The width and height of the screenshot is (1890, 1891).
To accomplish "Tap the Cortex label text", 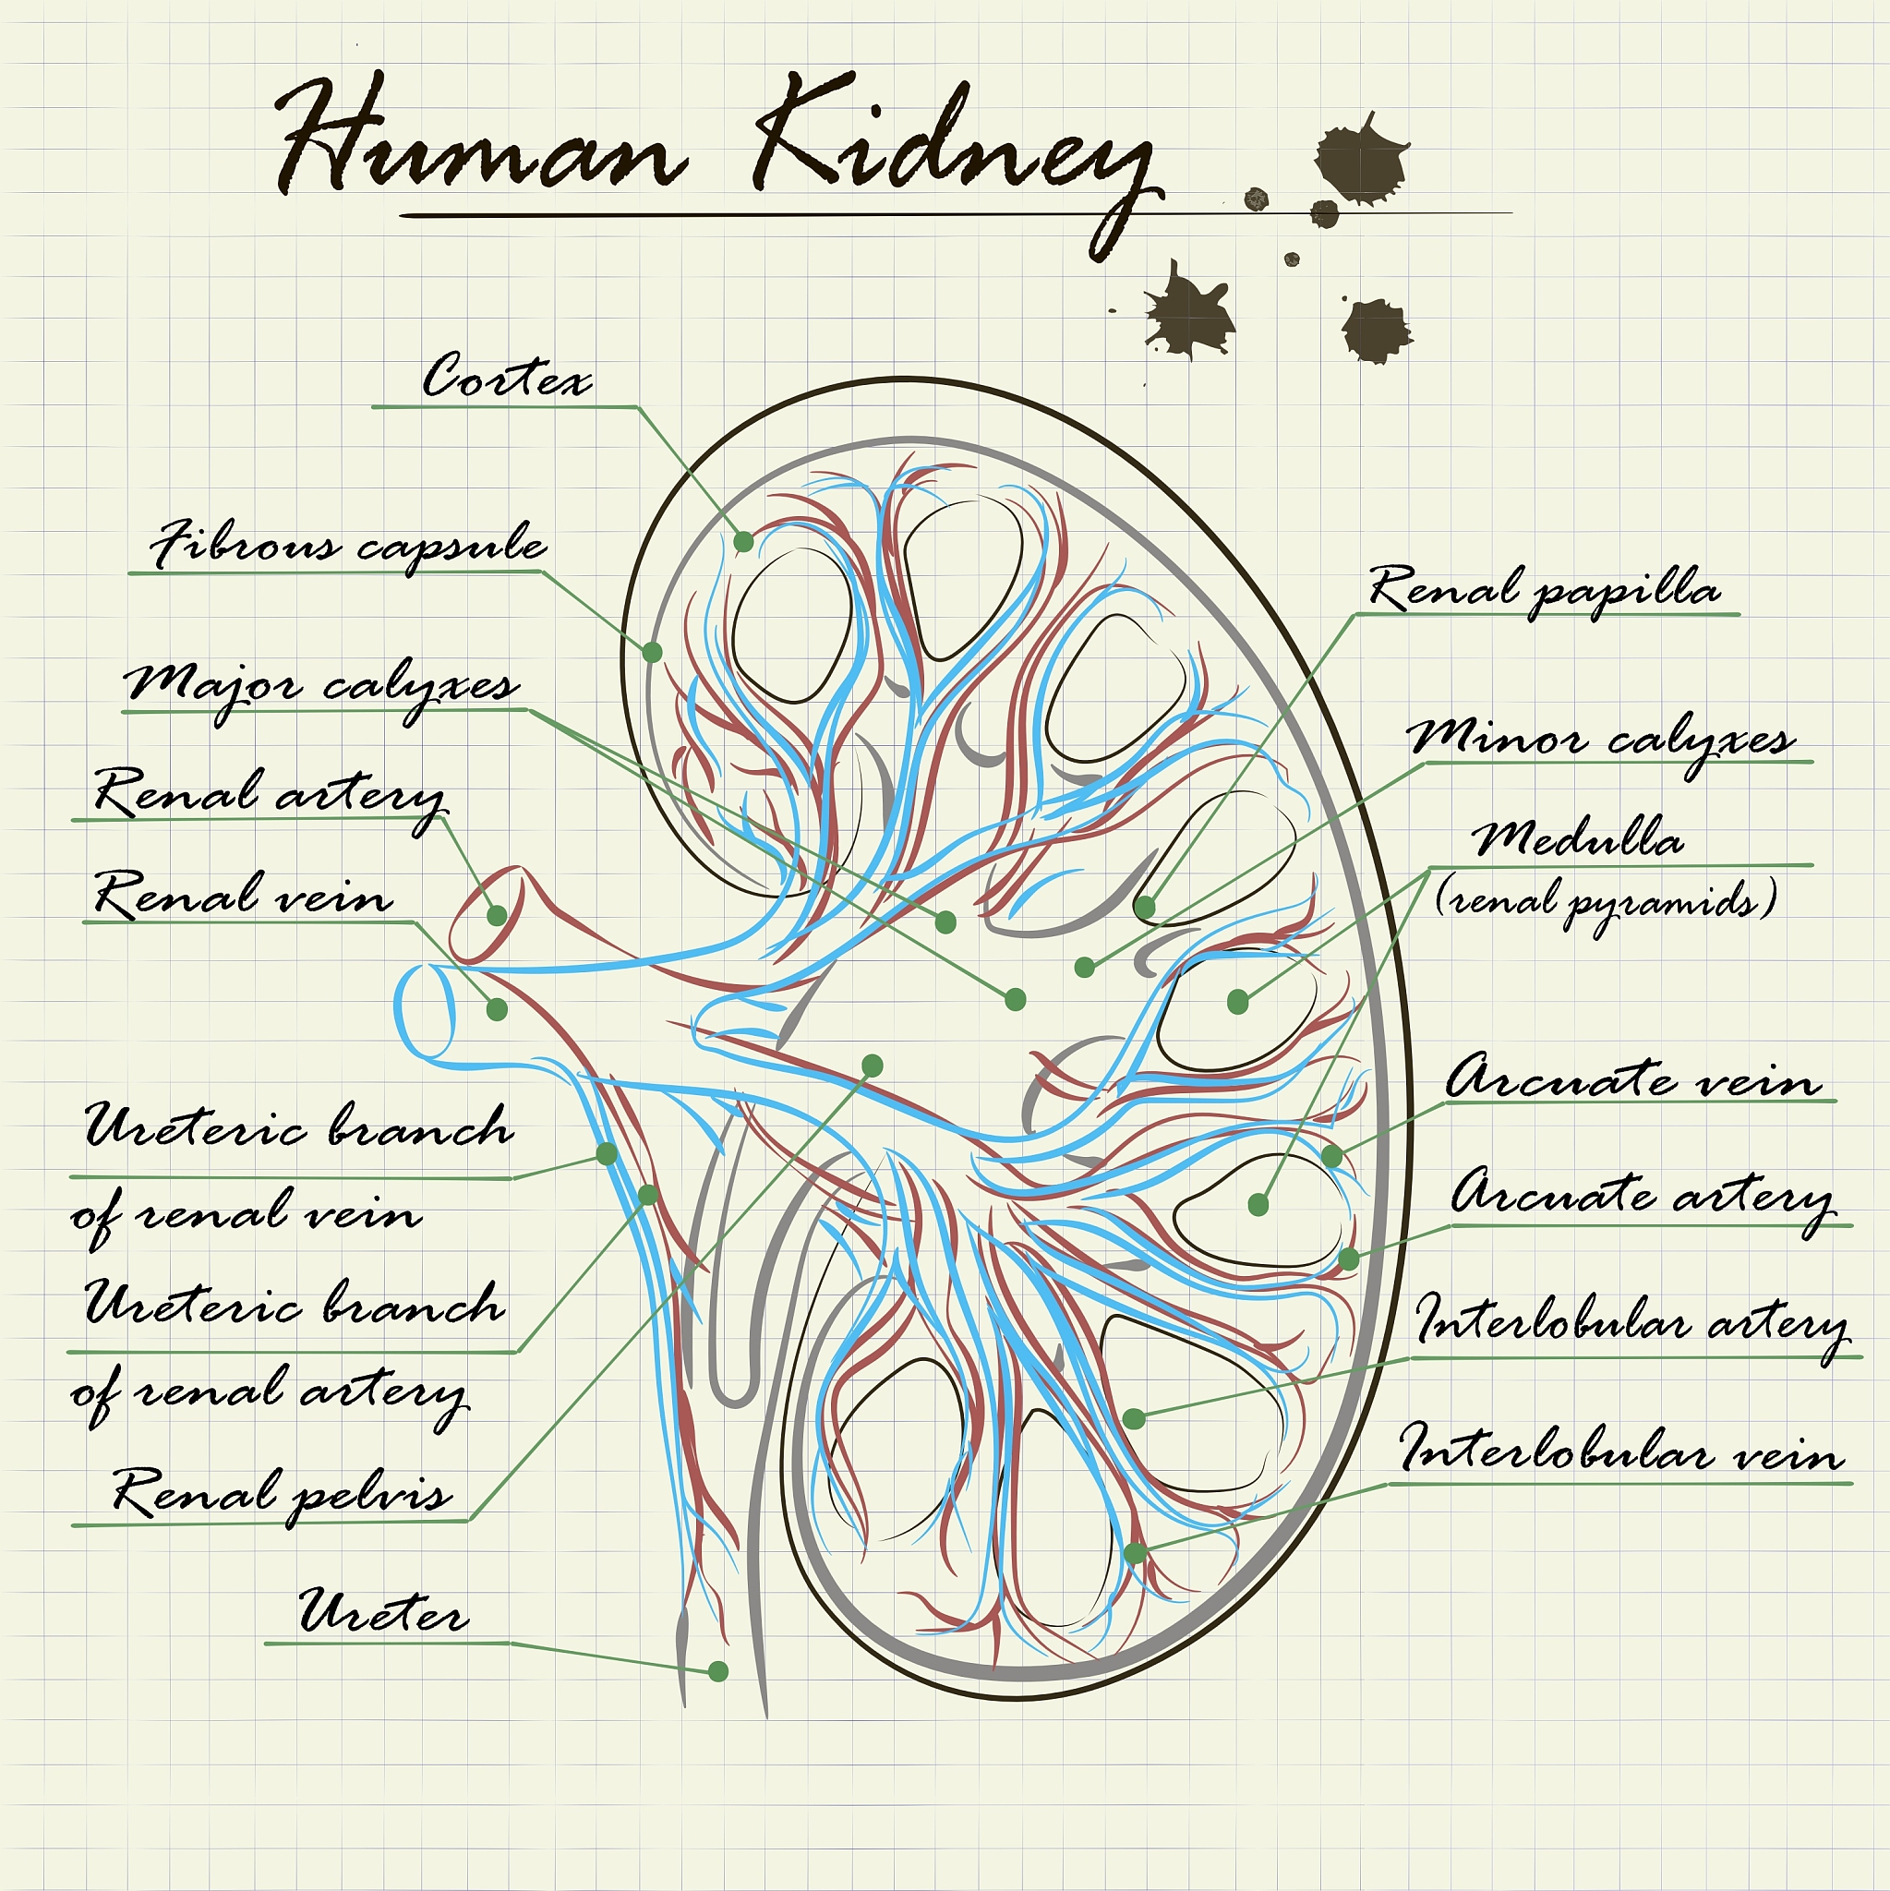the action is pyautogui.click(x=507, y=376).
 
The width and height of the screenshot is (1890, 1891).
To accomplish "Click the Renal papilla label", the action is pyautogui.click(x=1544, y=590).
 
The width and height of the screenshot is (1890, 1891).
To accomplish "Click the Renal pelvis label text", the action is pyautogui.click(x=282, y=1494).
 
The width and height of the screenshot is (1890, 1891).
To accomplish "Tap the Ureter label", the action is pyautogui.click(x=384, y=1611).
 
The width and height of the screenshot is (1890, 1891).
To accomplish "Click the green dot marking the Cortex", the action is pyautogui.click(x=744, y=541).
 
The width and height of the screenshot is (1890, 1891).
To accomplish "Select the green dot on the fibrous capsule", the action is pyautogui.click(x=652, y=651).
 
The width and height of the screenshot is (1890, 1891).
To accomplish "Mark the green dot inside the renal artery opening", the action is pyautogui.click(x=498, y=915).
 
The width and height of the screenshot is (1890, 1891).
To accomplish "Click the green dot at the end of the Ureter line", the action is pyautogui.click(x=718, y=1670).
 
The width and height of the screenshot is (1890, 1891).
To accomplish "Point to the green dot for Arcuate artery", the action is pyautogui.click(x=1349, y=1259).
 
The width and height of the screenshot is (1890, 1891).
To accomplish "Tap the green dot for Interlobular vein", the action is pyautogui.click(x=1135, y=1552).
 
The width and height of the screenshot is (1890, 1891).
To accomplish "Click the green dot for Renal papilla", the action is pyautogui.click(x=1144, y=908).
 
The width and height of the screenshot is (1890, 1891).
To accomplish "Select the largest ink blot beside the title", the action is pyautogui.click(x=1361, y=160).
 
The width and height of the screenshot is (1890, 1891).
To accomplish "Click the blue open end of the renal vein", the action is pyautogui.click(x=425, y=1012).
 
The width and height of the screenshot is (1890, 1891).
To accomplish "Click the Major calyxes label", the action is pyautogui.click(x=322, y=686).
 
